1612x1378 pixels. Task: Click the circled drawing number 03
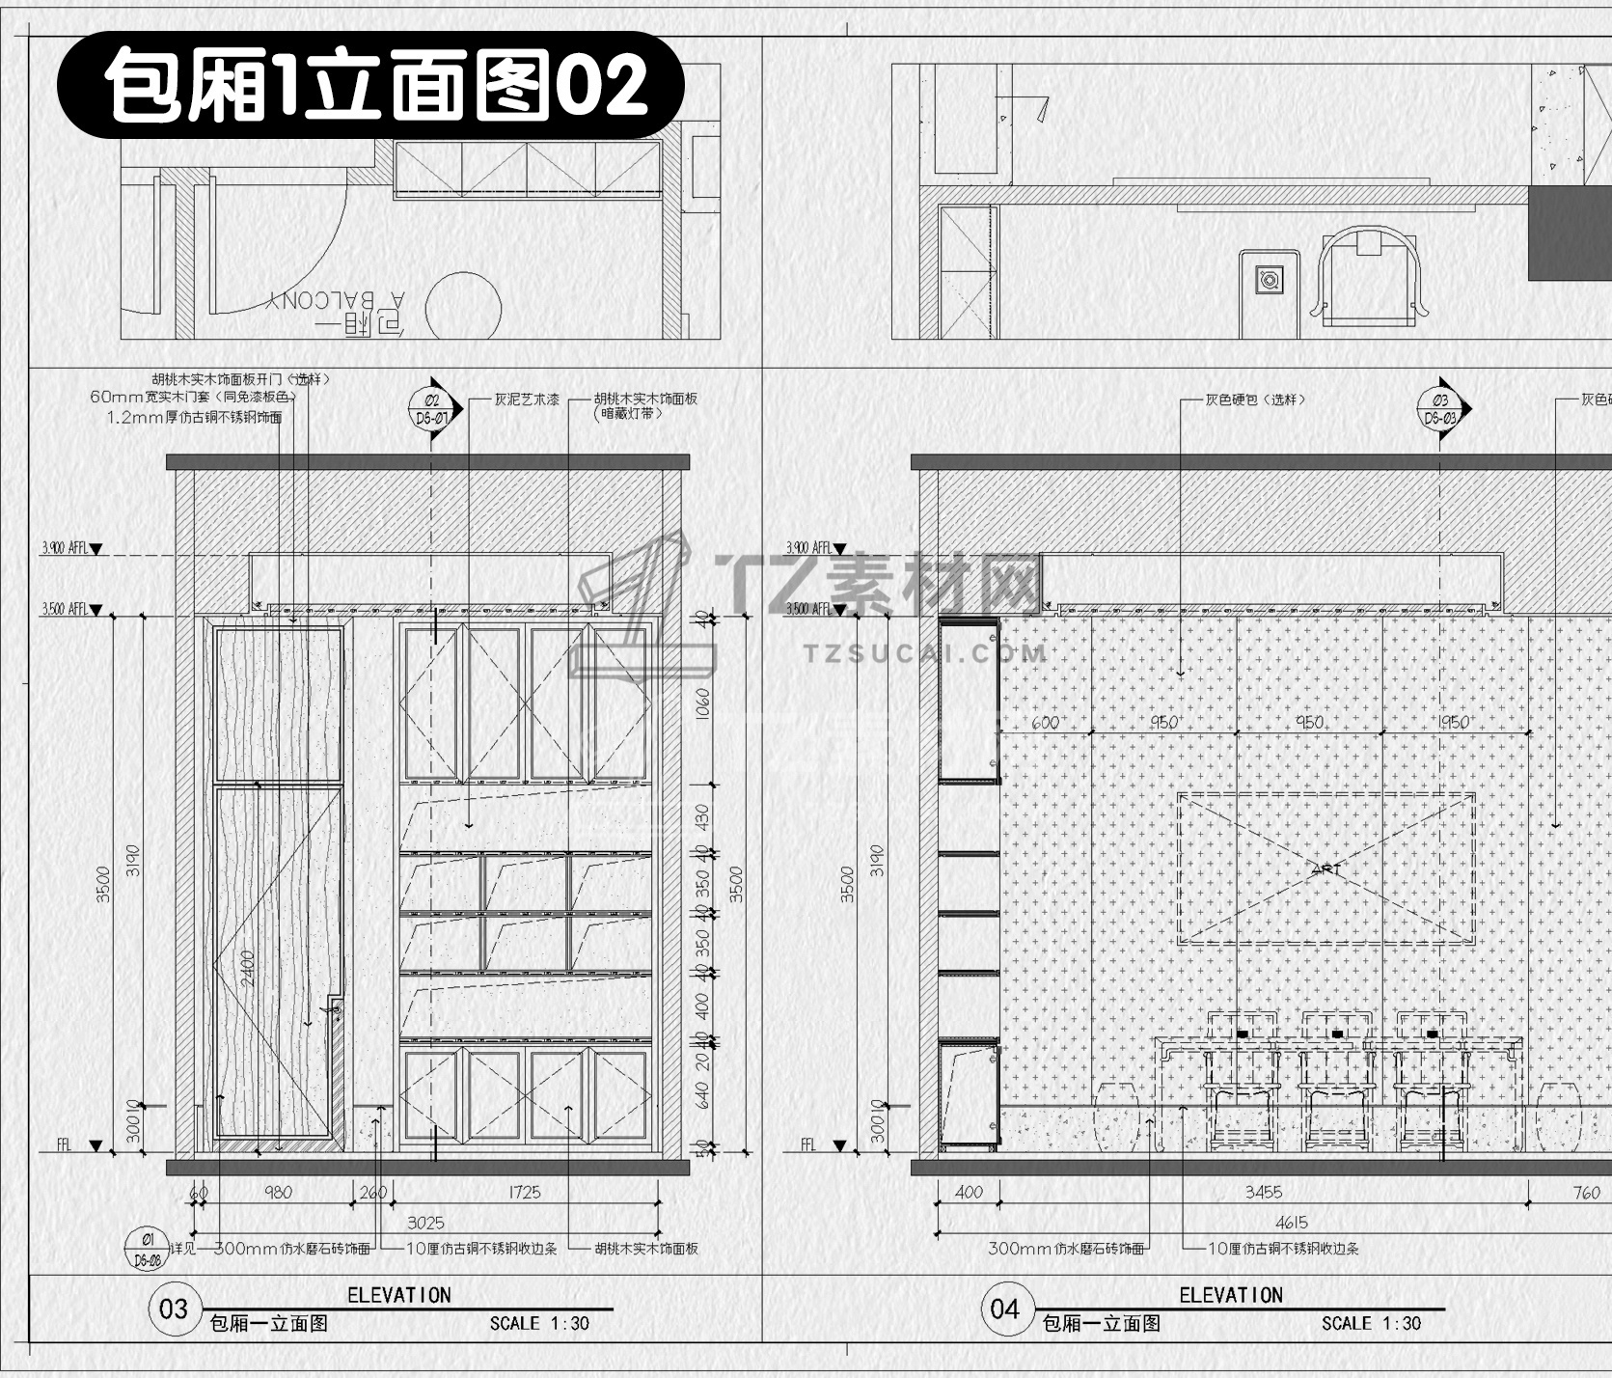coord(174,1309)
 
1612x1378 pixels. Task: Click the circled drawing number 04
coord(1005,1309)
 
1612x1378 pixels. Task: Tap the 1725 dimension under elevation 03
coord(525,1193)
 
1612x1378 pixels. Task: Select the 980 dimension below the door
coord(278,1193)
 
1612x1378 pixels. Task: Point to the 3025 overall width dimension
coord(424,1223)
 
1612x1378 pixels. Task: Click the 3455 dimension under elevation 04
coord(1263,1193)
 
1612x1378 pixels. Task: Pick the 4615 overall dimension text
coord(1291,1223)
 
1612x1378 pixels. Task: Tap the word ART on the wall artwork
coord(1326,869)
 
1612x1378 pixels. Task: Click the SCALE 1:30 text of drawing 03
coord(538,1323)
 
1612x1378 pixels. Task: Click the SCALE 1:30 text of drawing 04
coord(1371,1323)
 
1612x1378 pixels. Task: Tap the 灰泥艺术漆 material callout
coord(527,399)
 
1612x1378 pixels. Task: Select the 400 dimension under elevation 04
coord(969,1193)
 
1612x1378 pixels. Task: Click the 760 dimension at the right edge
coord(1586,1193)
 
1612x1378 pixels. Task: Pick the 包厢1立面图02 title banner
coord(371,85)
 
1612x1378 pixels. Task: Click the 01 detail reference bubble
coord(148,1246)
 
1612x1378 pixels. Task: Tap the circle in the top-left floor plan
coord(463,309)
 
